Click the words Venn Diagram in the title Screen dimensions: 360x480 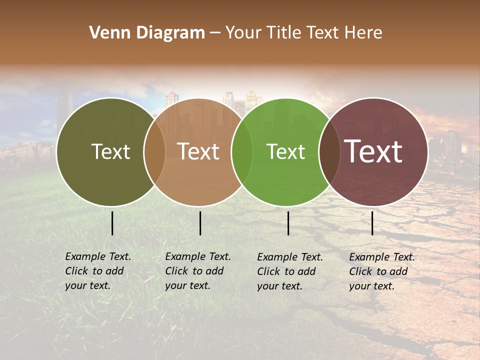pyautogui.click(x=147, y=33)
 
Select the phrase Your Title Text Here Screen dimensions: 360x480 pyautogui.click(x=303, y=33)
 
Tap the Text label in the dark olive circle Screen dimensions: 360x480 pyautogui.click(x=110, y=152)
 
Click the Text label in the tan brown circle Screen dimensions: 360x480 pyautogui.click(x=198, y=151)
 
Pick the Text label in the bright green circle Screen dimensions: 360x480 pyautogui.click(x=286, y=152)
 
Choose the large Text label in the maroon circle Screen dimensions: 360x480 pyautogui.click(x=373, y=151)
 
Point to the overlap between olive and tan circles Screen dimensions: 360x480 pyautogui.click(x=154, y=152)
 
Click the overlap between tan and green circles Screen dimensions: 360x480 pyautogui.click(x=242, y=152)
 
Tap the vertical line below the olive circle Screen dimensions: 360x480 pyautogui.click(x=112, y=223)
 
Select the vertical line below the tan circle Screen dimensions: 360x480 pyautogui.click(x=200, y=223)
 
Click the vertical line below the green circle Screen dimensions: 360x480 pyautogui.click(x=288, y=223)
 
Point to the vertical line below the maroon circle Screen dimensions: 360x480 pyautogui.click(x=372, y=223)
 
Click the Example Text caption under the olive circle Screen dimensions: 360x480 pyautogui.click(x=97, y=271)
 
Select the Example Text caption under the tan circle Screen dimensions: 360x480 pyautogui.click(x=197, y=271)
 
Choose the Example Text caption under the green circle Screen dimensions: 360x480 pyautogui.click(x=289, y=271)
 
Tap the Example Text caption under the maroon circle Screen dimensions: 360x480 pyautogui.click(x=381, y=271)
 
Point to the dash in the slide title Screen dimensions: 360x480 pyautogui.click(x=215, y=33)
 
